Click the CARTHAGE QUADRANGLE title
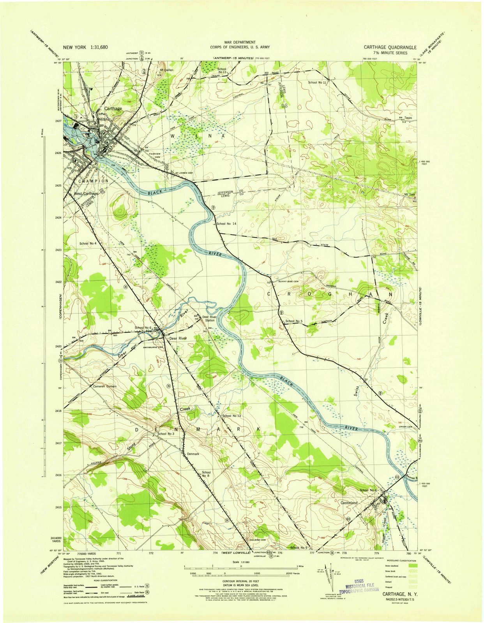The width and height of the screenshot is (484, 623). click(x=390, y=47)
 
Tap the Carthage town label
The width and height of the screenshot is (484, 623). click(x=113, y=109)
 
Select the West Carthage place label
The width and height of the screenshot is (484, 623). click(x=86, y=194)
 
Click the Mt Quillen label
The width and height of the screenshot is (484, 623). click(x=167, y=70)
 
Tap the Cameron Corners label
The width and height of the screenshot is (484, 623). click(x=104, y=386)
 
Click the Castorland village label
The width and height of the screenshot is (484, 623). click(x=349, y=503)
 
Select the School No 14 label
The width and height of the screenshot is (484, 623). click(x=226, y=224)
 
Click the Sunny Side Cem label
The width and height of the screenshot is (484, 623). click(x=288, y=281)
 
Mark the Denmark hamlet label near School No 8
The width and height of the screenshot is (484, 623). click(x=193, y=454)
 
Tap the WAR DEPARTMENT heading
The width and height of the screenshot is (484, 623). click(x=240, y=42)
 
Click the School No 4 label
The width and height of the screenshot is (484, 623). click(x=88, y=243)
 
